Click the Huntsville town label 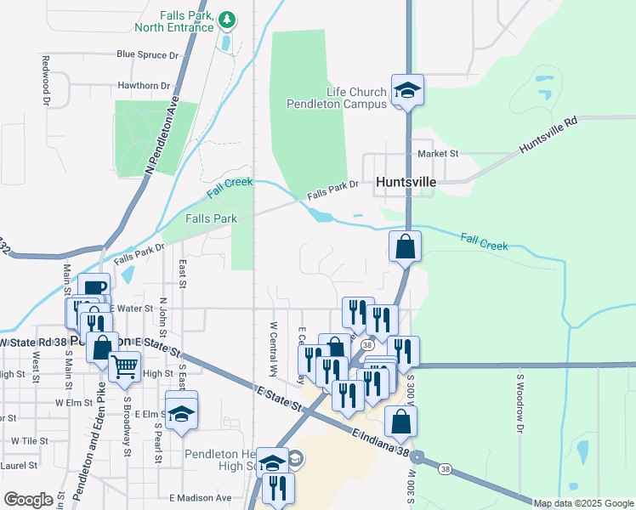[x=406, y=182]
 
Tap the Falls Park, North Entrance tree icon [x=226, y=19]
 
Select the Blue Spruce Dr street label [x=149, y=54]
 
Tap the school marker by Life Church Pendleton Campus [x=407, y=90]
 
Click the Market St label [x=438, y=154]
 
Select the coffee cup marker [x=94, y=287]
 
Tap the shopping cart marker [x=124, y=365]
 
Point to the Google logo [x=28, y=500]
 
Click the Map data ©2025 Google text [x=584, y=503]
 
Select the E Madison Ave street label [x=201, y=498]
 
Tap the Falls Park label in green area [x=211, y=218]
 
